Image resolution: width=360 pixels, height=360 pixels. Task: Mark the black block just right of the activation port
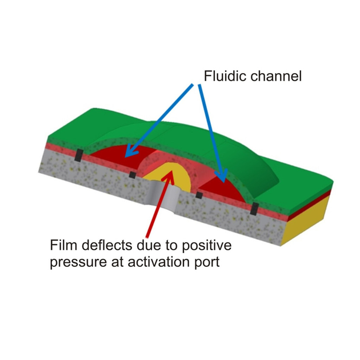[x=199, y=195]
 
